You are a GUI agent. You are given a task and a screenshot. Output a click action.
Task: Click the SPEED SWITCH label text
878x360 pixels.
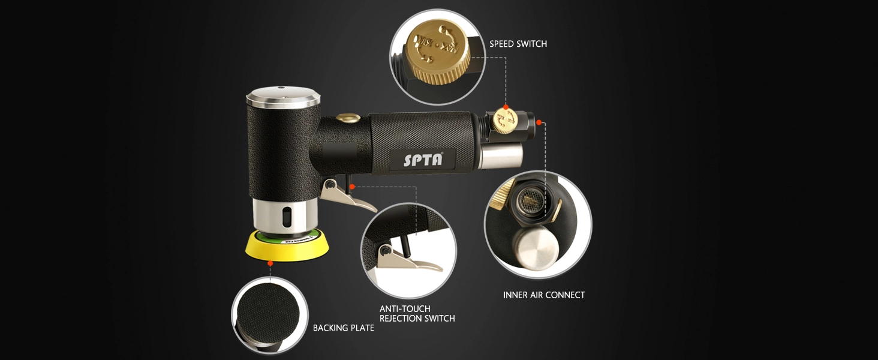[518, 44]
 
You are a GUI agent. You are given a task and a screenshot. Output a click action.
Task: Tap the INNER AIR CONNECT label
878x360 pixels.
[544, 295]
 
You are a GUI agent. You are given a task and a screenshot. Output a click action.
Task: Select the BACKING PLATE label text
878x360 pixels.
[344, 328]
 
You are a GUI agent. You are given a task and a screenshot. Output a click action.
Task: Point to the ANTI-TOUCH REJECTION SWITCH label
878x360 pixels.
[417, 314]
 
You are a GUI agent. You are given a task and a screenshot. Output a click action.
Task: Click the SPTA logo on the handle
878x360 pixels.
[423, 159]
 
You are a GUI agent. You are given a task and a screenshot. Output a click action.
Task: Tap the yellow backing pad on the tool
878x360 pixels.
[287, 246]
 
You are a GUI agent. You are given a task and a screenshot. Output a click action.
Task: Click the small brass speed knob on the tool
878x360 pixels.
[504, 121]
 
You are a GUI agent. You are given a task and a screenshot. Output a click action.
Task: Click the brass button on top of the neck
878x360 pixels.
[348, 118]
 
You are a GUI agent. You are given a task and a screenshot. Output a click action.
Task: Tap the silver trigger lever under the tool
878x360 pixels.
[347, 195]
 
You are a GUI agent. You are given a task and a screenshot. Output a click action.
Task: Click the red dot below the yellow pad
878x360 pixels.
[270, 263]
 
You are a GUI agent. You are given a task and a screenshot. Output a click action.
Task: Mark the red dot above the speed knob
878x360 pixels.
[506, 107]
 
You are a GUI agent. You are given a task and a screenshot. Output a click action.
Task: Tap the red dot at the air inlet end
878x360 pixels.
[539, 123]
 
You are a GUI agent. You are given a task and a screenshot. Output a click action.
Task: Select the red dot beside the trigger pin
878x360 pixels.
[352, 187]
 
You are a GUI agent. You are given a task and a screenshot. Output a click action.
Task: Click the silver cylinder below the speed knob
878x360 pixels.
[501, 155]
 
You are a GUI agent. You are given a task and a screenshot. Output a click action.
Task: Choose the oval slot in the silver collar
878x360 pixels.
[288, 217]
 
